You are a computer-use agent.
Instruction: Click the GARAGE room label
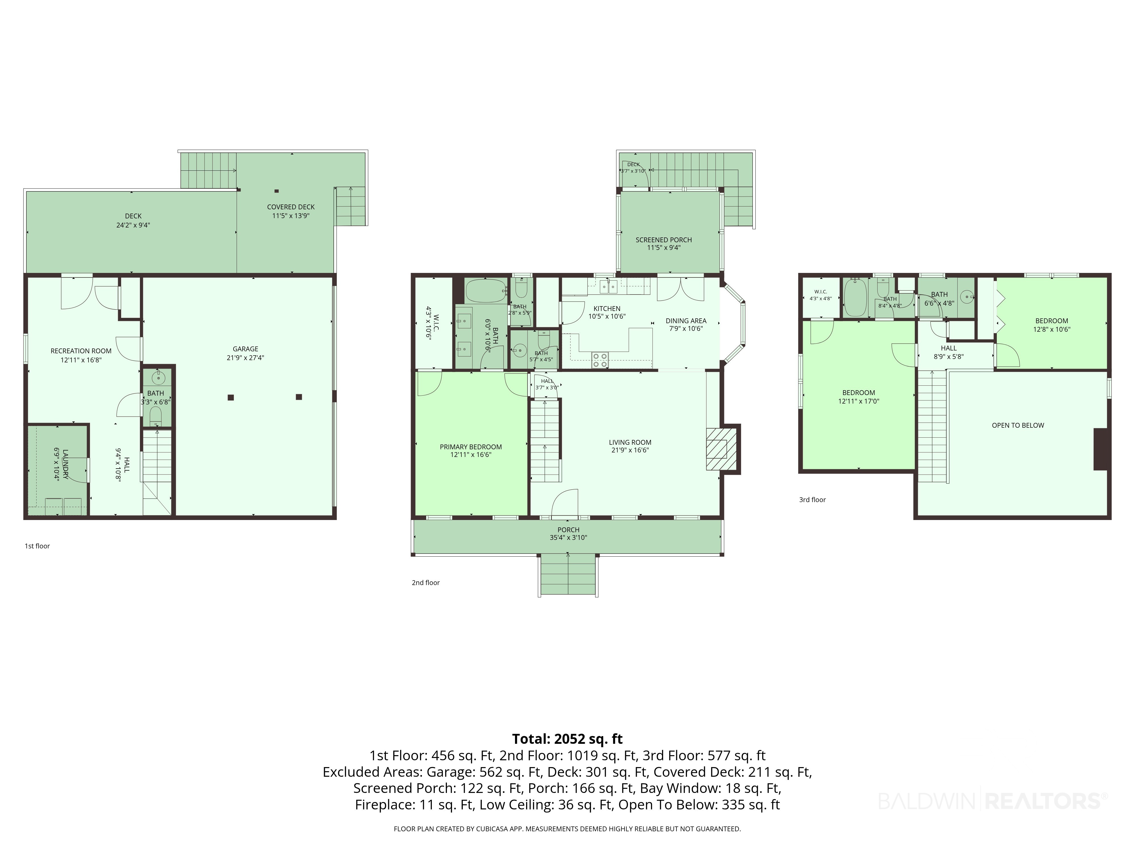coord(245,349)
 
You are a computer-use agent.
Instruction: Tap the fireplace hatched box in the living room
coord(717,448)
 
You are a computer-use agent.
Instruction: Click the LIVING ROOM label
coord(630,442)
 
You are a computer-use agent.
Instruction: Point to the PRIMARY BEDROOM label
coord(470,447)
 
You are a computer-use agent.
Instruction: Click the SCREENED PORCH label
coord(663,240)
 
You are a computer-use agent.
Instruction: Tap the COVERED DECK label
coord(291,207)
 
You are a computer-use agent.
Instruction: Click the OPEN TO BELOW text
coord(1018,425)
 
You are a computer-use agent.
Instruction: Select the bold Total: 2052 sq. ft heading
coord(567,739)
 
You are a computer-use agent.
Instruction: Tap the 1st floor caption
coord(37,546)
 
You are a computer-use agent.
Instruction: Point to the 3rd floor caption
coord(812,500)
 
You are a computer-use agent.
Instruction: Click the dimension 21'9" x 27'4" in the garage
coord(245,358)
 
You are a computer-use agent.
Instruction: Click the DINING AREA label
coord(686,321)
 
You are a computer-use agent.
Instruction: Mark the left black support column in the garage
coord(231,397)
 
